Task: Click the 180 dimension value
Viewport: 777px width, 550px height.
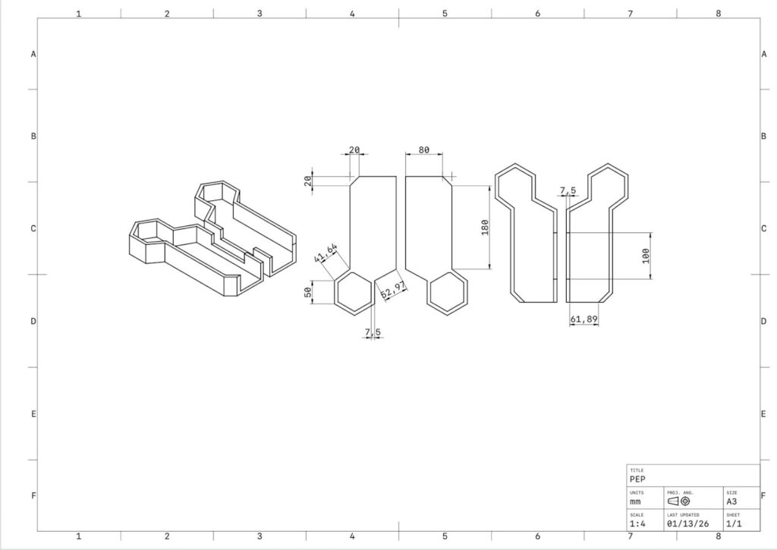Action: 485,227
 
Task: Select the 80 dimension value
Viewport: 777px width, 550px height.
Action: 423,149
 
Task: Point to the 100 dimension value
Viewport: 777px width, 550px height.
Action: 645,256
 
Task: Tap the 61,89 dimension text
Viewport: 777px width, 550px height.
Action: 584,319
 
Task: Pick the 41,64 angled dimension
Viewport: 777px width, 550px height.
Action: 326,253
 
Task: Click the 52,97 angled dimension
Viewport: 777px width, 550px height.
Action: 394,290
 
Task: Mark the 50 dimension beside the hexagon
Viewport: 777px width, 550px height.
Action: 308,292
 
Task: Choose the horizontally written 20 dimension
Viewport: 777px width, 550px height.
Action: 354,149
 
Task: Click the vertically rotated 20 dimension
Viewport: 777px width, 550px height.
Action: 308,181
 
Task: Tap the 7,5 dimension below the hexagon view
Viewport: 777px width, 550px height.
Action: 373,332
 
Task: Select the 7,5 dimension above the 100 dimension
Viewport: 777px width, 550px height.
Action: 568,190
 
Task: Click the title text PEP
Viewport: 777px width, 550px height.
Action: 637,479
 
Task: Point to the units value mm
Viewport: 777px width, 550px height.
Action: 635,501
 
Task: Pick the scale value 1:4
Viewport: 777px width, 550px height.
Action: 637,523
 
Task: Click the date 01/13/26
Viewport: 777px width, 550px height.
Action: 687,523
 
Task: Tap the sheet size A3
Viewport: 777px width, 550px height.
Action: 731,501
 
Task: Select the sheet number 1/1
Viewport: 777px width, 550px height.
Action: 734,523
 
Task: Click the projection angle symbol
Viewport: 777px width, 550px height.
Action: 679,501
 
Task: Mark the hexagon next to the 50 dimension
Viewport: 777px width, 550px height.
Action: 353,292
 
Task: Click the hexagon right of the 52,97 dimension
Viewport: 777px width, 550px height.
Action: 448,292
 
